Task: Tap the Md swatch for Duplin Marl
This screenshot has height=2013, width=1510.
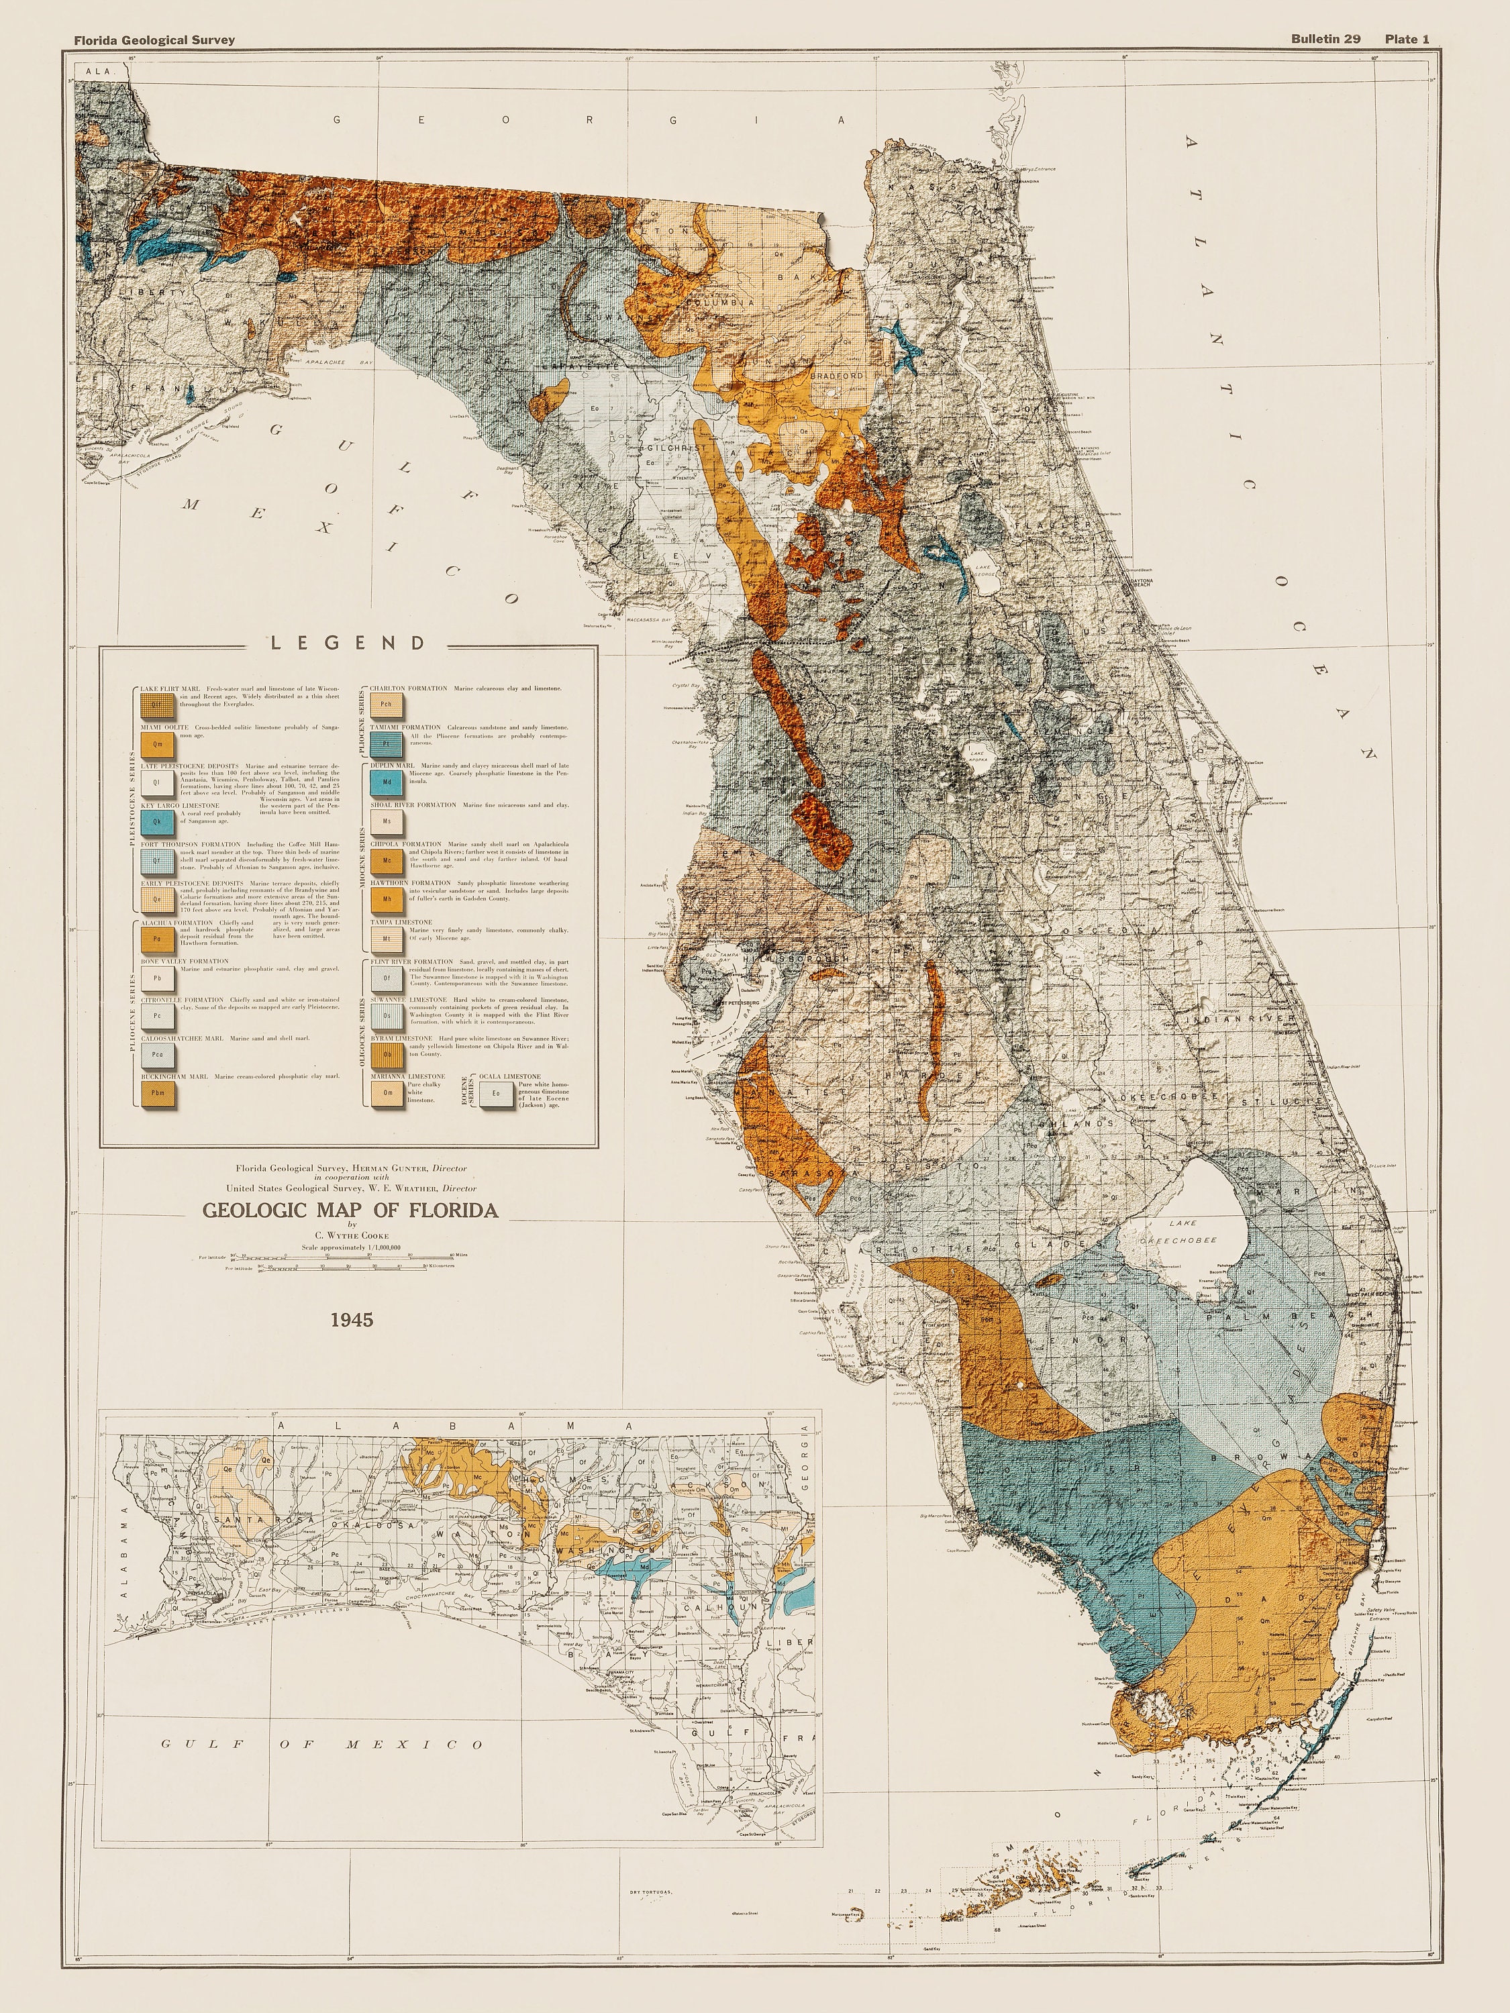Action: point(387,782)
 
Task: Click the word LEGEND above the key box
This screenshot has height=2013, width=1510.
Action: point(348,643)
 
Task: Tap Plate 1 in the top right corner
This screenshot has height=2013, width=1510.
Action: point(1407,38)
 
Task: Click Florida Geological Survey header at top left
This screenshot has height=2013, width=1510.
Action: point(155,39)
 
